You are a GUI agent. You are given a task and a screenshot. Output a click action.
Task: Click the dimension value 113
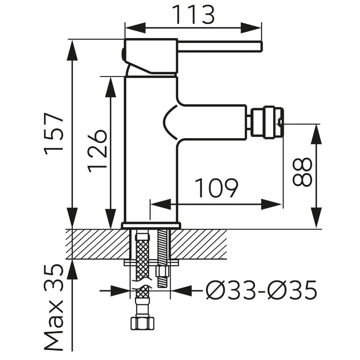point(193,15)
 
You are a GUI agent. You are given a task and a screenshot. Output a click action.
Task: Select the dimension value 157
point(54,134)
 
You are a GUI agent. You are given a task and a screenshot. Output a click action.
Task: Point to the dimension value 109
point(216,188)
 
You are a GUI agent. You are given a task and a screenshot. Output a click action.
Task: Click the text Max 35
point(54,308)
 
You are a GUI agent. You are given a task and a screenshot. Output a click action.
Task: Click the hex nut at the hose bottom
point(142,323)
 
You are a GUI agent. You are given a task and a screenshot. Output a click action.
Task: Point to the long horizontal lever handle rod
point(220,46)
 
